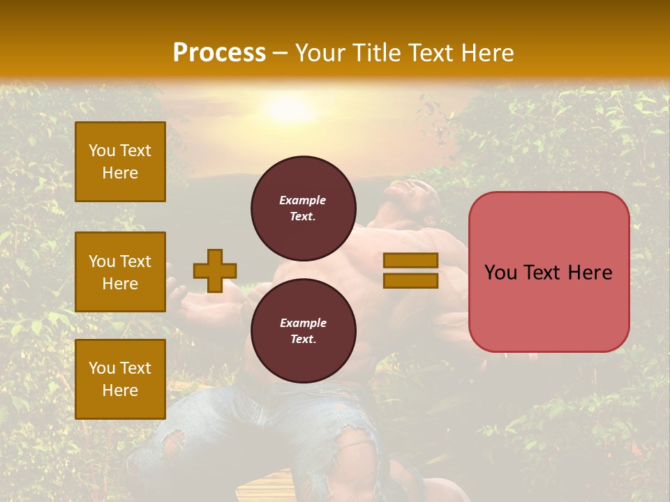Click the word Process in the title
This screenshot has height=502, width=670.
click(219, 53)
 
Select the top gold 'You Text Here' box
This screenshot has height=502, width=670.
click(120, 162)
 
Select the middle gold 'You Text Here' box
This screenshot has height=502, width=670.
click(120, 272)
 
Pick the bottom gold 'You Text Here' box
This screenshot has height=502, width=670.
click(120, 379)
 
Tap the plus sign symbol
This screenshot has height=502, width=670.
click(214, 271)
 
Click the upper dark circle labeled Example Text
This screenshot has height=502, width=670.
click(303, 208)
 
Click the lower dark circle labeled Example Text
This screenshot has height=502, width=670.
click(303, 331)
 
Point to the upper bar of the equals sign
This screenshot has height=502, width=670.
click(410, 261)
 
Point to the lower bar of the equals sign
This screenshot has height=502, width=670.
click(410, 280)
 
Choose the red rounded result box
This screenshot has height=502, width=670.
click(549, 272)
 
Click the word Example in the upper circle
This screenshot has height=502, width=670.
click(303, 200)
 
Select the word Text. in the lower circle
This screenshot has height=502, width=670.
click(303, 340)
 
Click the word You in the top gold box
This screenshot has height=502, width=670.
click(102, 151)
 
